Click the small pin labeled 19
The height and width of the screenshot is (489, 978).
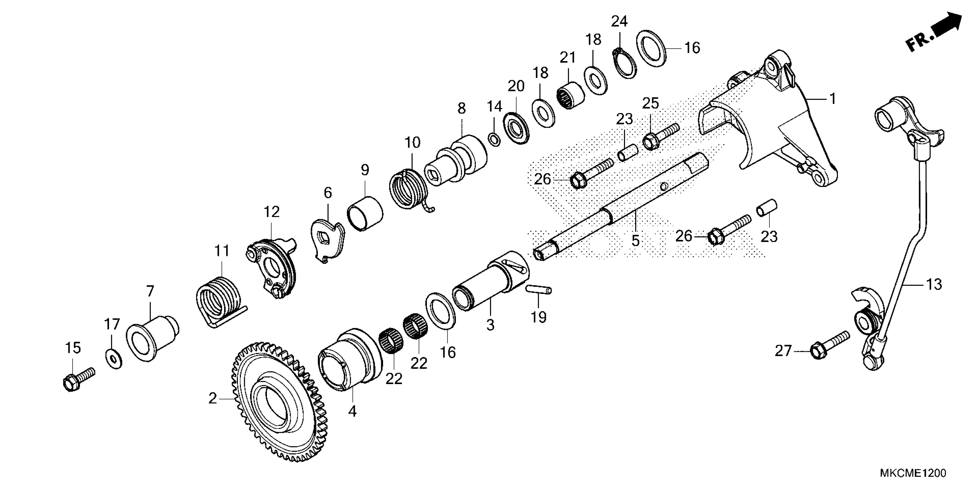point(539,290)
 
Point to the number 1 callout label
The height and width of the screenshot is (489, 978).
point(832,99)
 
